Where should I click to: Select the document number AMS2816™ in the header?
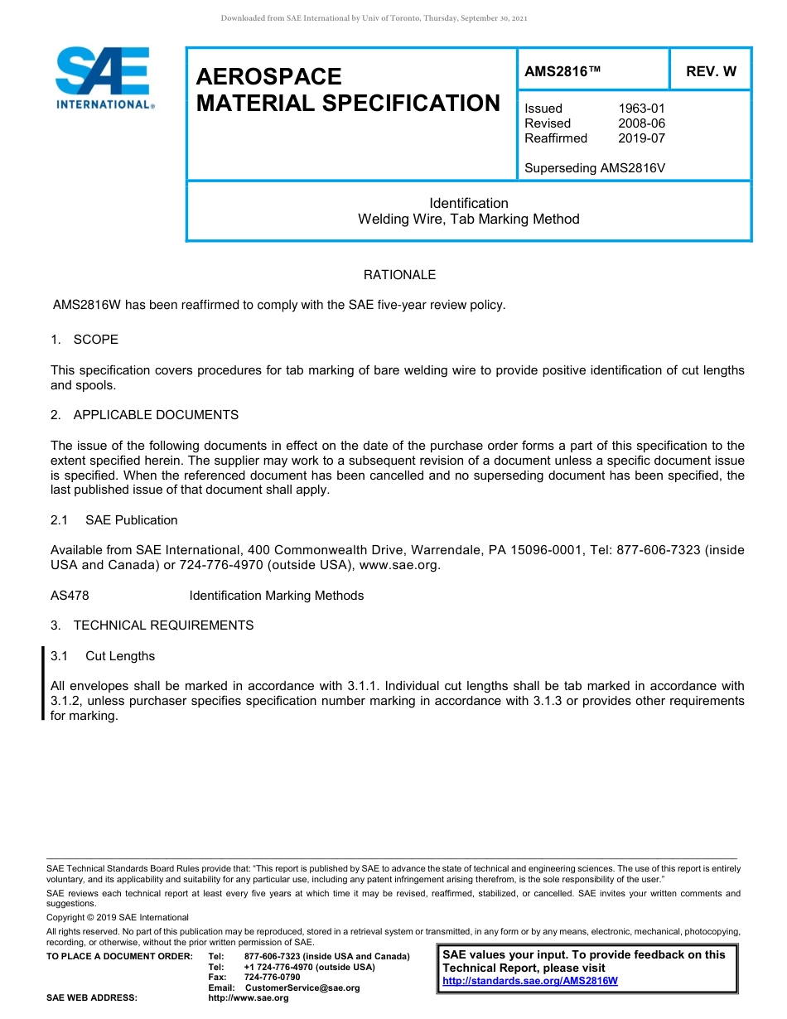coord(562,71)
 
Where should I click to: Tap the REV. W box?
coord(710,71)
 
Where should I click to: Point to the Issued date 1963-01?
coord(641,109)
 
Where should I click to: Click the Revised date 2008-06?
coord(641,123)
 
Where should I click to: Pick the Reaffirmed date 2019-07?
coord(641,138)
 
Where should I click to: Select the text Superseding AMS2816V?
coord(595,168)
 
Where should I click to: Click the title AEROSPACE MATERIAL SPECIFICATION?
coord(347,90)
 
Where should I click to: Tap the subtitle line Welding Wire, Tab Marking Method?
coord(468,220)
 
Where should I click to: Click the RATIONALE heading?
coord(399,275)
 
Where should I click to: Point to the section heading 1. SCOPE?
coord(84,340)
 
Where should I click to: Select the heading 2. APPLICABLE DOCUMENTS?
coord(144,415)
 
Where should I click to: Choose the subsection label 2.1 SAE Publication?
coord(114,520)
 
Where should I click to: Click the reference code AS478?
coord(70,596)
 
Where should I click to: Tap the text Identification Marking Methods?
coord(276,596)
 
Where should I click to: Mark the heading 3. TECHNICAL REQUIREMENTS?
coord(152,625)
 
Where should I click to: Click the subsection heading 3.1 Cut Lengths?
coord(103,656)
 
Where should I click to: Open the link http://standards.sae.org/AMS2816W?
coord(530,981)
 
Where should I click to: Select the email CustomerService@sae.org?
coord(302,988)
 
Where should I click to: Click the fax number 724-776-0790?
coord(273,978)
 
